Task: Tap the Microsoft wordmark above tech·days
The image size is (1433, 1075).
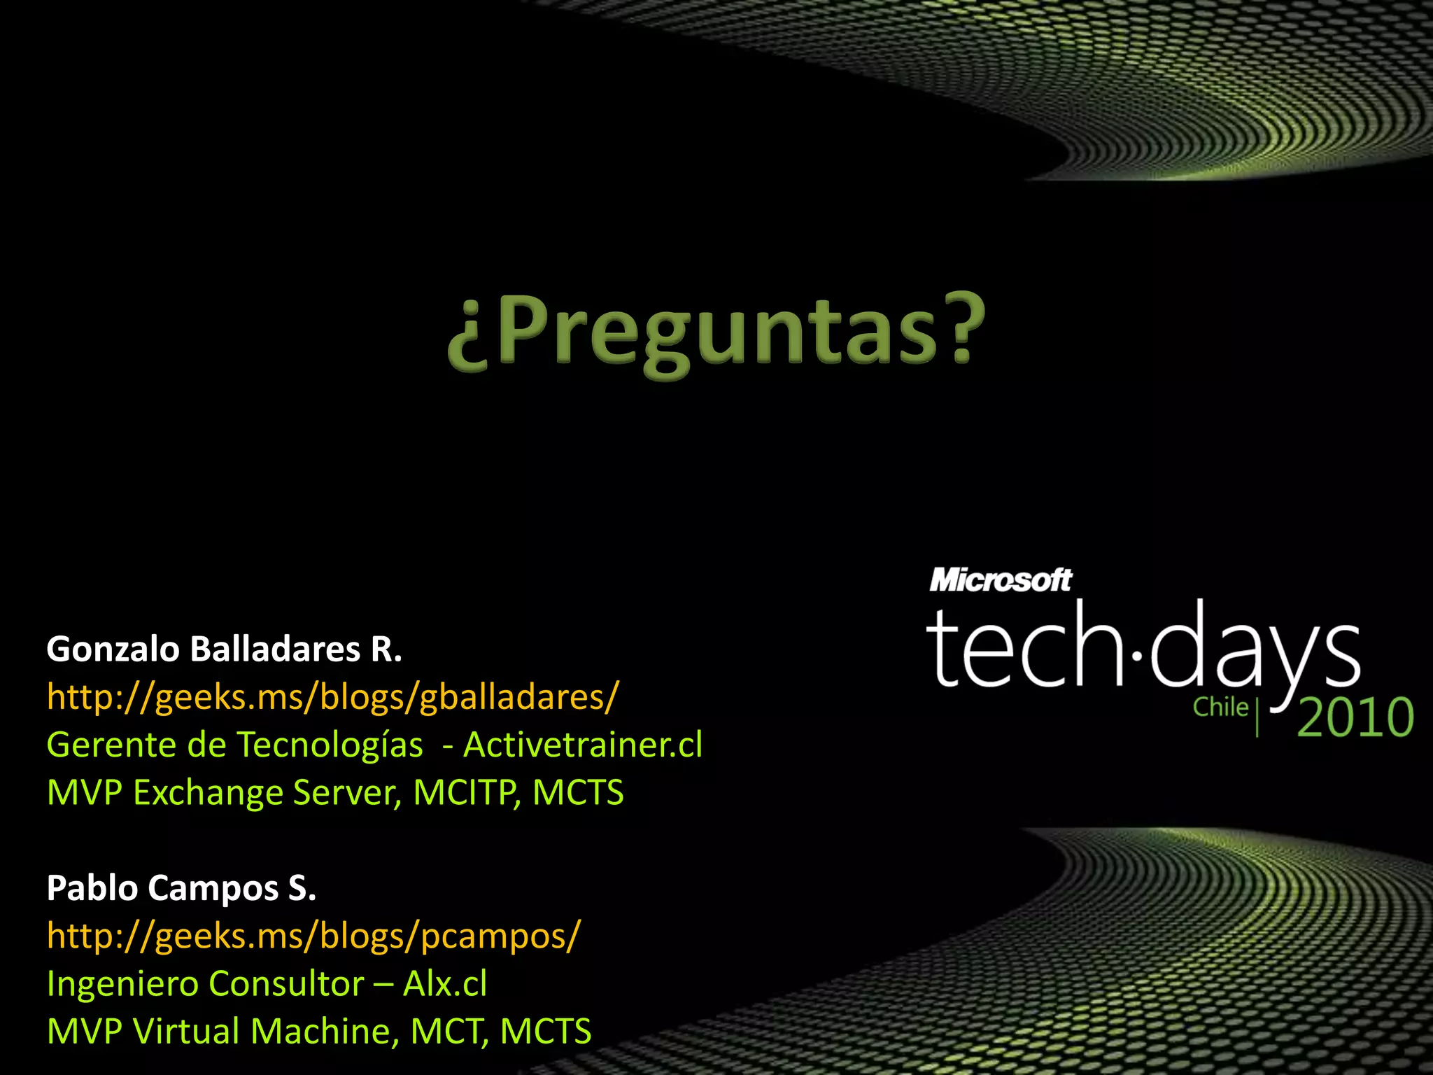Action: [x=1000, y=580]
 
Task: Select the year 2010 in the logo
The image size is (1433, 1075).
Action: [x=1355, y=718]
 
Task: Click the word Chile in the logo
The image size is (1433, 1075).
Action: [x=1220, y=707]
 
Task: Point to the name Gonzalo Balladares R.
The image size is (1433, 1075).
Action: [x=224, y=649]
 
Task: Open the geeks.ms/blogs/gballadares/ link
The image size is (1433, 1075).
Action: [x=332, y=697]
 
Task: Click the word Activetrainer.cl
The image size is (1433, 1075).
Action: [x=583, y=745]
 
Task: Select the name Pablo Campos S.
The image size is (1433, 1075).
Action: [x=181, y=888]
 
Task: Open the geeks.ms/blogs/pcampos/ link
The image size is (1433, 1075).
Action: [x=313, y=936]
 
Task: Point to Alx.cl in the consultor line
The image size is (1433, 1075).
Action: [x=445, y=983]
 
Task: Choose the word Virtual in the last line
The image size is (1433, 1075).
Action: [x=186, y=1031]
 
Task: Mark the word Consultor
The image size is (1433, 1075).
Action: [x=286, y=983]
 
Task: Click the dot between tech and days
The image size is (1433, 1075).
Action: [x=1137, y=656]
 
